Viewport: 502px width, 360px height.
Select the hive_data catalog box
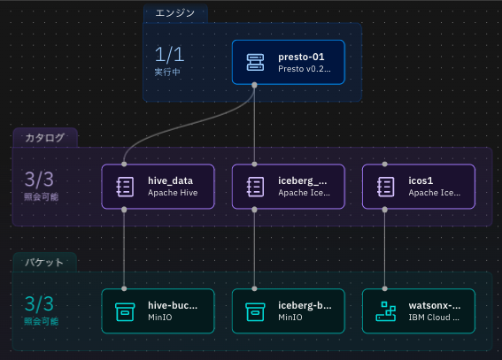click(x=158, y=187)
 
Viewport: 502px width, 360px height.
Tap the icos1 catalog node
click(x=419, y=187)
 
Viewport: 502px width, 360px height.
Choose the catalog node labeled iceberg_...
click(x=288, y=187)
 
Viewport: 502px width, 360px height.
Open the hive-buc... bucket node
click(x=158, y=311)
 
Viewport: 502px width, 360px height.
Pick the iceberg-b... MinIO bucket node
click(x=288, y=311)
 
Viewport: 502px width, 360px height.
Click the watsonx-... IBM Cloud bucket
click(x=419, y=311)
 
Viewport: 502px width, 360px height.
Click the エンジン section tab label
click(x=176, y=12)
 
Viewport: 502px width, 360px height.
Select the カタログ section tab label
click(x=45, y=137)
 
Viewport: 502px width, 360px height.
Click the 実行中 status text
click(x=167, y=72)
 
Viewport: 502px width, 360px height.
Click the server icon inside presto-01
click(x=255, y=62)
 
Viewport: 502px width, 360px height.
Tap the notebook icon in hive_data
click(x=125, y=187)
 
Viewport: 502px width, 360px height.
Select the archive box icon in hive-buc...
click(x=125, y=311)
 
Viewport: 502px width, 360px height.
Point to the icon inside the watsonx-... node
click(x=386, y=311)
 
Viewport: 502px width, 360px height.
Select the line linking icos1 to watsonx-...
click(x=386, y=248)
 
